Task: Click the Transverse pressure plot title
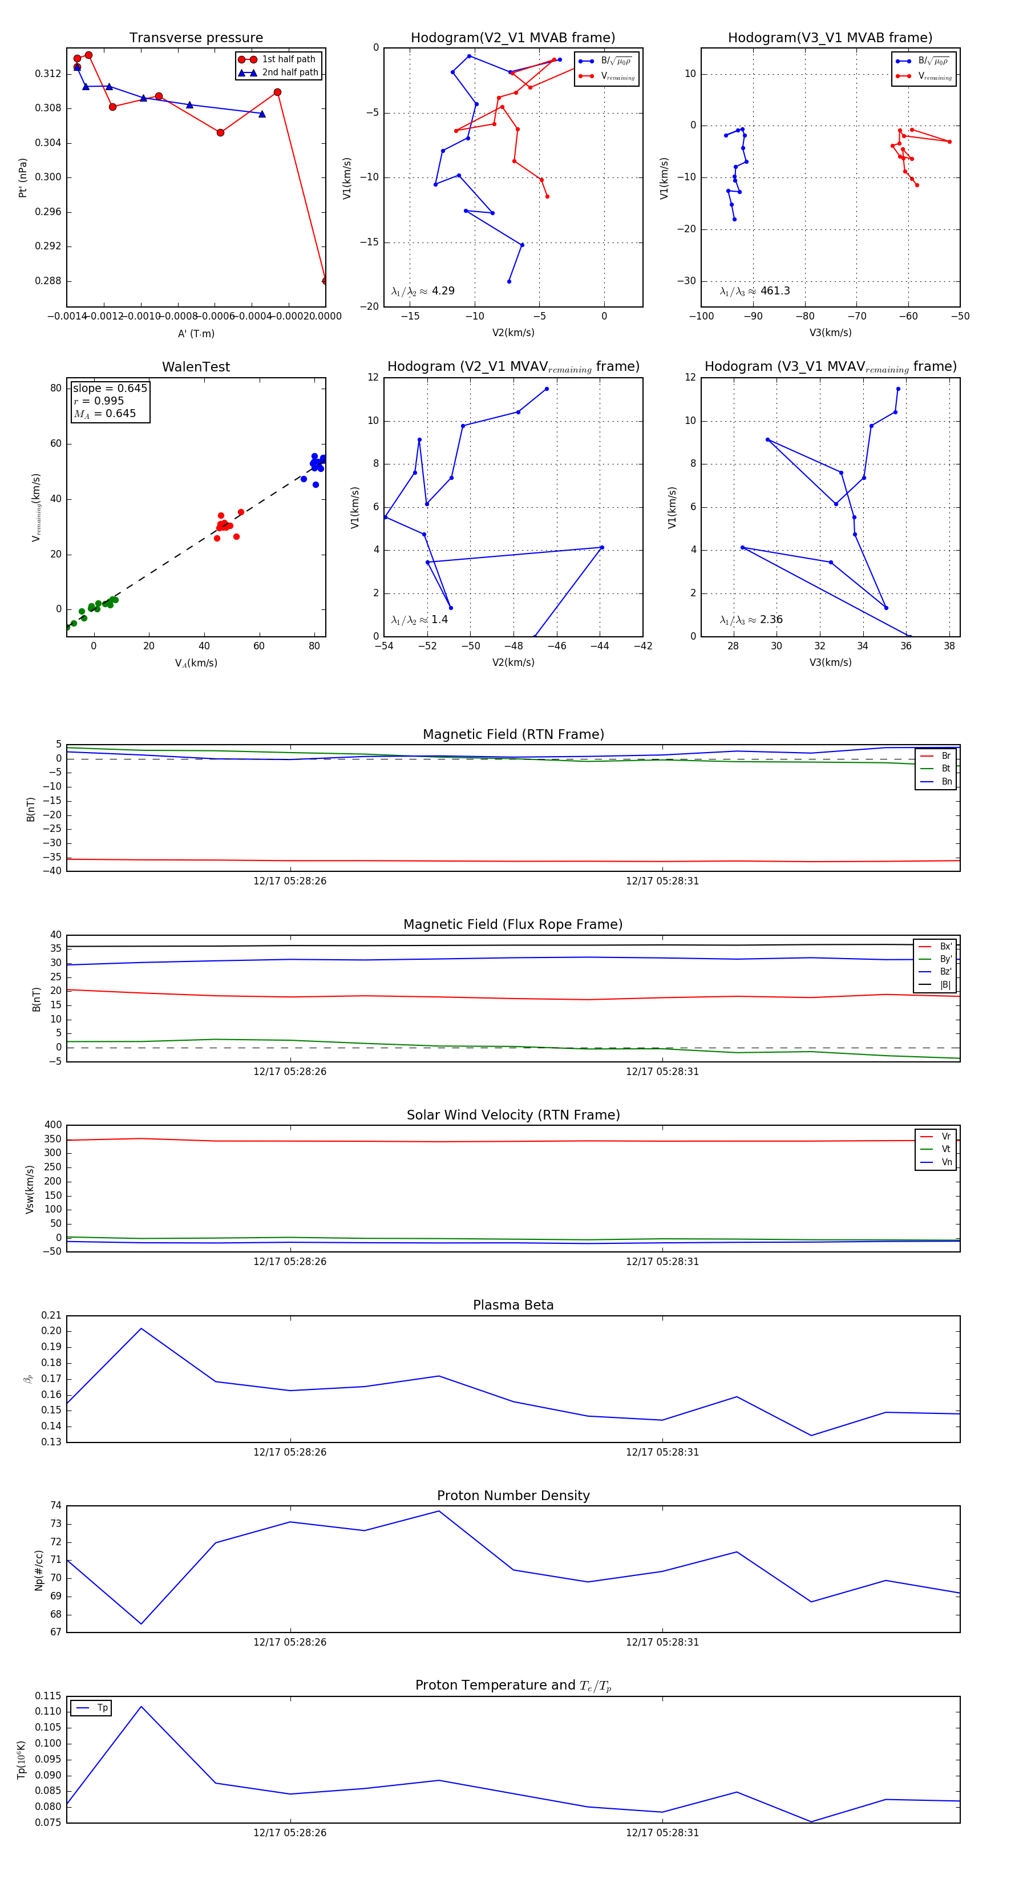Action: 196,38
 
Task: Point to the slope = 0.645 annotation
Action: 110,388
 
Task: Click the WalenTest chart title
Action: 196,367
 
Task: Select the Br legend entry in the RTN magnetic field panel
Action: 945,756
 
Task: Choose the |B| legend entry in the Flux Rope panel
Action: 944,985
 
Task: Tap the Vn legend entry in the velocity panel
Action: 946,1162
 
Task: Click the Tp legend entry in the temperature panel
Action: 102,1708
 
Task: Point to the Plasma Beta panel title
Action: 513,1305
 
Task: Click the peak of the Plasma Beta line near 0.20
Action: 141,1328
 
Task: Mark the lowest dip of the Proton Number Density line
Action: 141,1623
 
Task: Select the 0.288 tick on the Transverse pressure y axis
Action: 48,281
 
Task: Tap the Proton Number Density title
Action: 513,1496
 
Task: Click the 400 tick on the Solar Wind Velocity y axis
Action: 52,1125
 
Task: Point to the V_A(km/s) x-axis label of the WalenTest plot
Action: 196,663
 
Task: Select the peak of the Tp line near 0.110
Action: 141,1706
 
